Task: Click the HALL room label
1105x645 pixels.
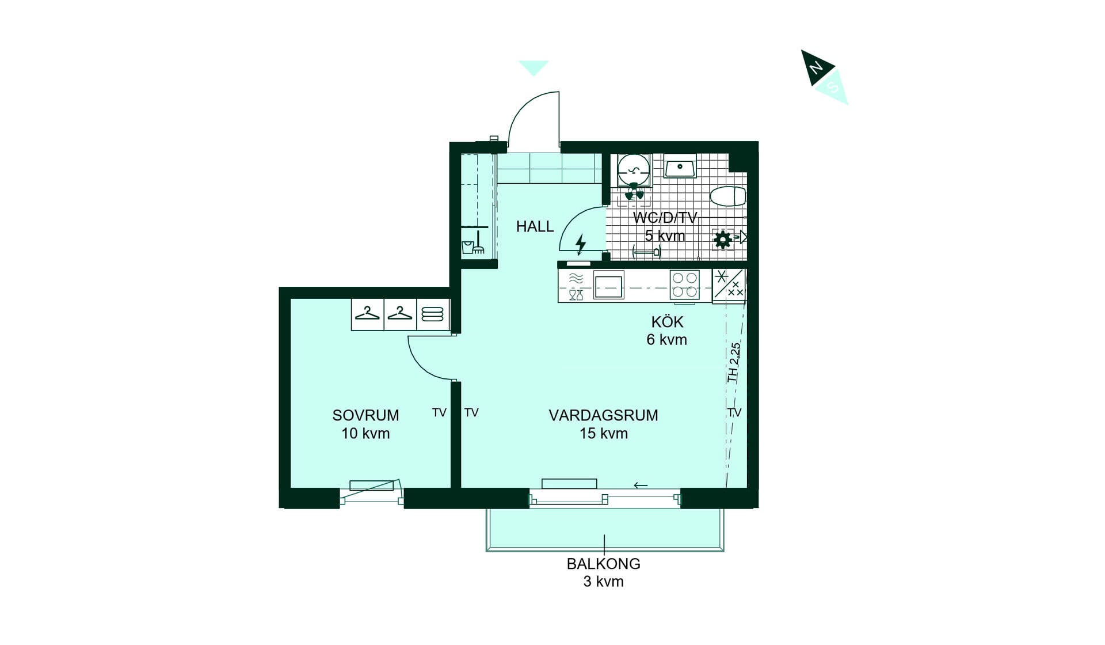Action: point(535,227)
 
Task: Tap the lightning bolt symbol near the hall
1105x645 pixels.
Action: point(581,244)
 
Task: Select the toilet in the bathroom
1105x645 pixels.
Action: point(729,196)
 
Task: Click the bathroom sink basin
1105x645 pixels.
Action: point(680,167)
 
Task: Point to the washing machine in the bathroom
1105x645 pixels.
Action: point(634,170)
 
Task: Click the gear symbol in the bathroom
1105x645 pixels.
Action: point(722,239)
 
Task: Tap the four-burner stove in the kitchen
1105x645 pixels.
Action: point(685,285)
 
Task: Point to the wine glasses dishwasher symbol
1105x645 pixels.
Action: point(576,295)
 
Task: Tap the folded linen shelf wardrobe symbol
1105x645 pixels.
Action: point(433,314)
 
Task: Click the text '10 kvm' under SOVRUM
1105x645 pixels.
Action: point(365,434)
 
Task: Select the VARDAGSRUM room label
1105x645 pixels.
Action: point(603,415)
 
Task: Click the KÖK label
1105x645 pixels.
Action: point(667,322)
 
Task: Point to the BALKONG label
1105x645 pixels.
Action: point(603,564)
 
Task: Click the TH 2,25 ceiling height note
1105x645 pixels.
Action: point(734,362)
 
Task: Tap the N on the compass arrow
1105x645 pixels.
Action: point(816,68)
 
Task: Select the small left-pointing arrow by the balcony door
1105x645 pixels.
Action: point(641,485)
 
